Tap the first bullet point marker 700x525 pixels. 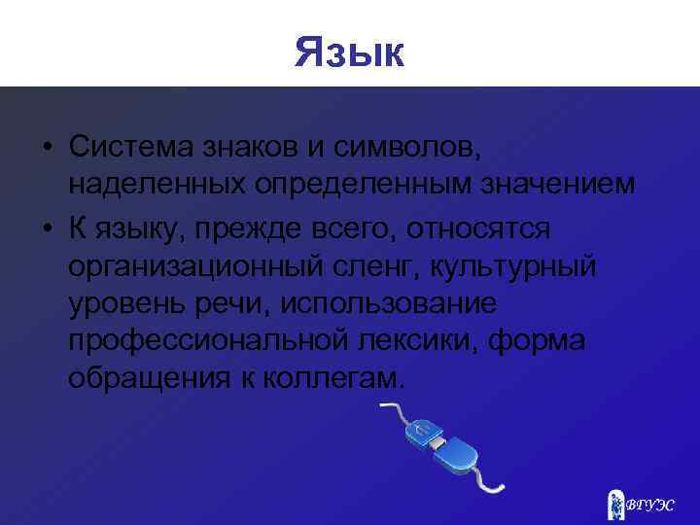point(47,148)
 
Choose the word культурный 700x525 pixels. point(519,264)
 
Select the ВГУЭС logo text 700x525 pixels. point(653,504)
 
